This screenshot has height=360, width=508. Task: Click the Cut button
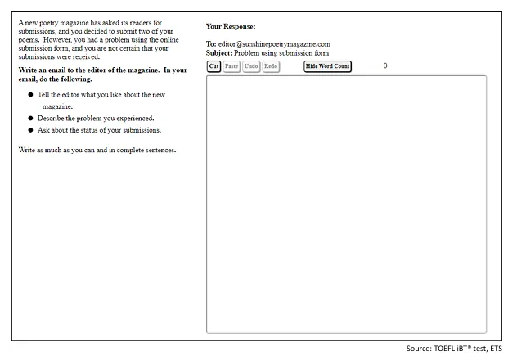(214, 65)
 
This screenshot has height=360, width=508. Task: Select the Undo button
(251, 65)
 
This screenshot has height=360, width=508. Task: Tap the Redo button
(271, 65)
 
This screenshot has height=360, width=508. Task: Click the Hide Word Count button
(327, 65)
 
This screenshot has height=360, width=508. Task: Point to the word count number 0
(385, 65)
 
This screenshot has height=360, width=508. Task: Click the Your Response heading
(231, 26)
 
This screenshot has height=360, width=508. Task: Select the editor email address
(274, 43)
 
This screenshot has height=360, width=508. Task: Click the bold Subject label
(220, 52)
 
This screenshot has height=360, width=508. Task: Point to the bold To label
(211, 43)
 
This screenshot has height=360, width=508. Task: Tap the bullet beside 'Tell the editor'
(30, 95)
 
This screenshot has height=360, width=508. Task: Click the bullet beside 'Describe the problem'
(30, 118)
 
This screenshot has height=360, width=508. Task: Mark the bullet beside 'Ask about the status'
(30, 130)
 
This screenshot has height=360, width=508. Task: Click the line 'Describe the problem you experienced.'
(95, 118)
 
